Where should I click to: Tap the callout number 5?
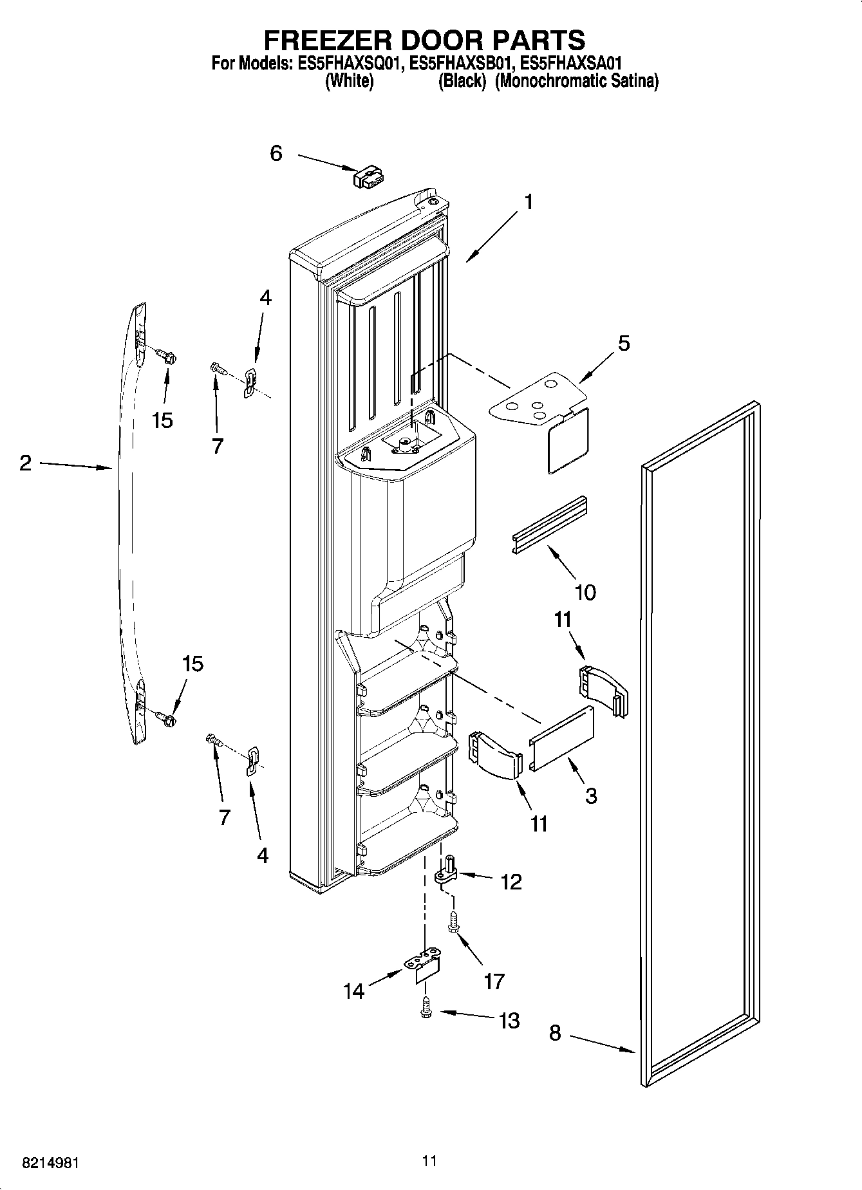click(x=623, y=343)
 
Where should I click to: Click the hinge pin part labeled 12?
click(x=446, y=870)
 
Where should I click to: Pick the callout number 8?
click(x=555, y=1033)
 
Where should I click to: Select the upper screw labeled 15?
click(x=169, y=356)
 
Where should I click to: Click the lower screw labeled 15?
click(x=169, y=717)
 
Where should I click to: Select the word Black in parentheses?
click(x=462, y=82)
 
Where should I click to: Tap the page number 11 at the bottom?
click(x=430, y=1161)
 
